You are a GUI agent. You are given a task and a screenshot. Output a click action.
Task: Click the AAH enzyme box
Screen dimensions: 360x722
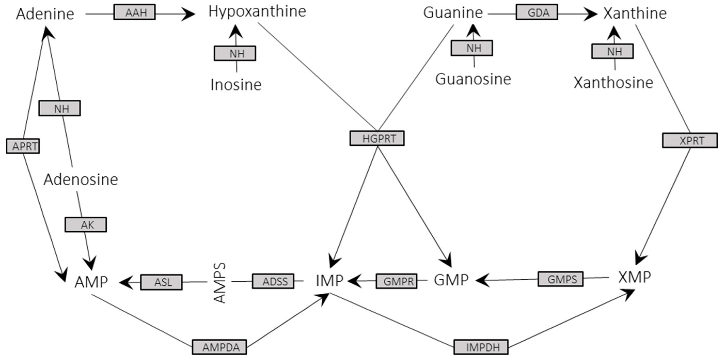click(x=134, y=12)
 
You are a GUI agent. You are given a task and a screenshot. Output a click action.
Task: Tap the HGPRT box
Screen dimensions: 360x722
click(x=377, y=138)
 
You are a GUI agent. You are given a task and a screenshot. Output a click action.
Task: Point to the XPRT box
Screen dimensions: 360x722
click(x=689, y=140)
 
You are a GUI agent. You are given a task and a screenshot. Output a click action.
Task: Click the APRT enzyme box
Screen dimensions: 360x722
click(x=23, y=146)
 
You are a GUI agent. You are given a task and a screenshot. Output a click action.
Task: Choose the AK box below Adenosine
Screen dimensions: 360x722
click(x=85, y=225)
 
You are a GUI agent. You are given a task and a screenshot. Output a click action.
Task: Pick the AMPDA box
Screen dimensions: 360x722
click(x=219, y=347)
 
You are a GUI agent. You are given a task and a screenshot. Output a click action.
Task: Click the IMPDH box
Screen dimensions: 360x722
click(x=481, y=347)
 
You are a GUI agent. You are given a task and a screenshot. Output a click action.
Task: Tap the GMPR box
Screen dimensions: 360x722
click(x=396, y=281)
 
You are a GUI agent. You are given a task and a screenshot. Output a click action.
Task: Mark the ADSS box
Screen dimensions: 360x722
click(x=273, y=281)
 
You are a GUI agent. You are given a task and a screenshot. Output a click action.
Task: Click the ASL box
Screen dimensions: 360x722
click(x=161, y=282)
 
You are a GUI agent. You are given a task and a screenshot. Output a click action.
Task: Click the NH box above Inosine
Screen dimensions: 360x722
click(x=235, y=53)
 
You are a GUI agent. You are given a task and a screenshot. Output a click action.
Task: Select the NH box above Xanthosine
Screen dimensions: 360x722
click(x=612, y=51)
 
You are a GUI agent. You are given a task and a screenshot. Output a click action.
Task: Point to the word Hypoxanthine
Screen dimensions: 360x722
click(x=257, y=12)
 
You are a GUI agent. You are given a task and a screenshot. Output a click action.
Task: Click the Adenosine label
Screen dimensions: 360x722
click(x=81, y=179)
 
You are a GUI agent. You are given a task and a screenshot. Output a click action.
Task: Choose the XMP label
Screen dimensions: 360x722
click(x=634, y=277)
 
